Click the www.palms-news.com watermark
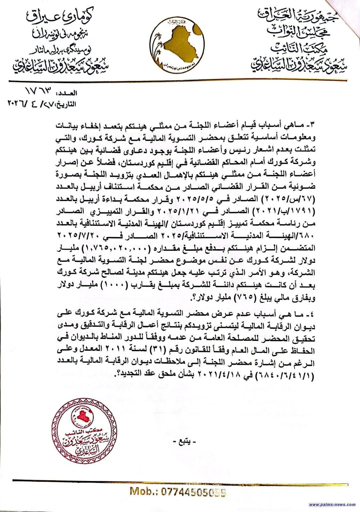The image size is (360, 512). point(332,505)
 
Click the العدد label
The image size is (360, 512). point(67,93)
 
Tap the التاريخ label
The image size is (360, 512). point(65,104)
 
